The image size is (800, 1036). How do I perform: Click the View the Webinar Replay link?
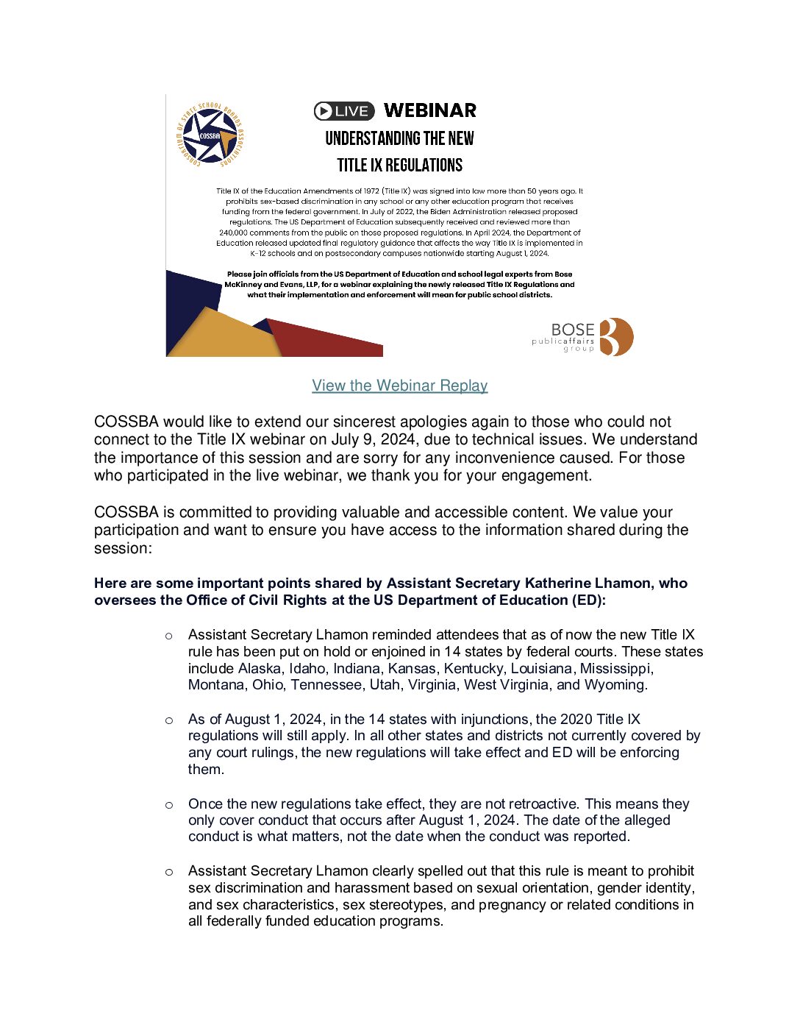point(399,386)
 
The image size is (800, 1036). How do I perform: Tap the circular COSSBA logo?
point(210,135)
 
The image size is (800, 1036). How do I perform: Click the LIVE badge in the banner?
point(344,111)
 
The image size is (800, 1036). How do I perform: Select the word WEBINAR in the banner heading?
point(430,110)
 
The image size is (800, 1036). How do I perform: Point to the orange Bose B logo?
point(616,337)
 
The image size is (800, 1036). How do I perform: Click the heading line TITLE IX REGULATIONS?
point(399,165)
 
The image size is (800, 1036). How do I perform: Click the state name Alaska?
point(260,668)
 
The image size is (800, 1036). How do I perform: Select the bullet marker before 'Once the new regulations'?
point(169,805)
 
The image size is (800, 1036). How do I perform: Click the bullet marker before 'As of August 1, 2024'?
point(169,720)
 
